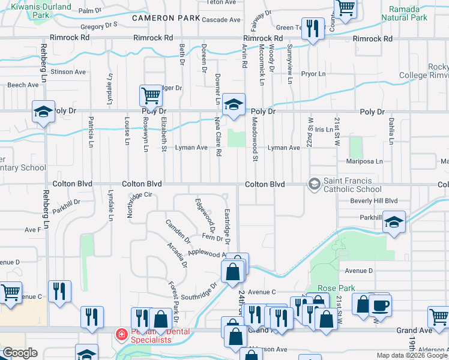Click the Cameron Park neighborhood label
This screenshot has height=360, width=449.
[166, 19]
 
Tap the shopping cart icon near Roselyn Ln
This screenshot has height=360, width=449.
[151, 95]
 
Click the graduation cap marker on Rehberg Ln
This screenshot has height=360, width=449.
[43, 112]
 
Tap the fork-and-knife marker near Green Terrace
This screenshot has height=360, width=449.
[312, 28]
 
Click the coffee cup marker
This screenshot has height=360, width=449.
[380, 305]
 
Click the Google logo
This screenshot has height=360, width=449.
[20, 353]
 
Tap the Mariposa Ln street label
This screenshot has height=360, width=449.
[364, 161]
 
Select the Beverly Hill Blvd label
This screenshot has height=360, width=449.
[374, 200]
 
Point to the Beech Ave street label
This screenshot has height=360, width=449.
[23, 85]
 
